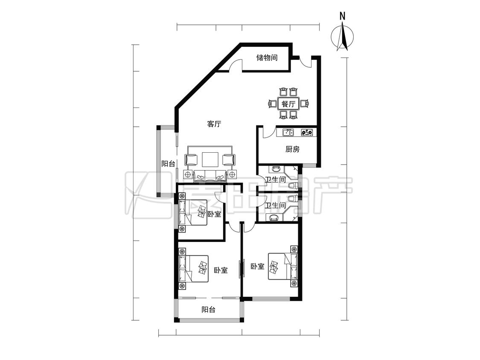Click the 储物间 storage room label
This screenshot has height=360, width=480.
[267, 57]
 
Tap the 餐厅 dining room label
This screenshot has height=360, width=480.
[288, 104]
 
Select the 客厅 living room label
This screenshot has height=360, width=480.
[214, 124]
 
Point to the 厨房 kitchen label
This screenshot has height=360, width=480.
[292, 149]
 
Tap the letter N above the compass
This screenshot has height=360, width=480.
[343, 16]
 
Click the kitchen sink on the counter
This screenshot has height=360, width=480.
[288, 132]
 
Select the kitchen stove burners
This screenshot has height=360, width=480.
[307, 132]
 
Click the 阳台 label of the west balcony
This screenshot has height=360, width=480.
[168, 164]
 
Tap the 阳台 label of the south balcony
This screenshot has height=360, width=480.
[209, 310]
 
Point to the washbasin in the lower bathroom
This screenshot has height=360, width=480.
[275, 218]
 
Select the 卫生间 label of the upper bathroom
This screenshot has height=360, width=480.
[275, 180]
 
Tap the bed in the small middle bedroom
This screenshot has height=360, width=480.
[193, 212]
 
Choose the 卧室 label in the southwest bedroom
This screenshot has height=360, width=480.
[221, 270]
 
